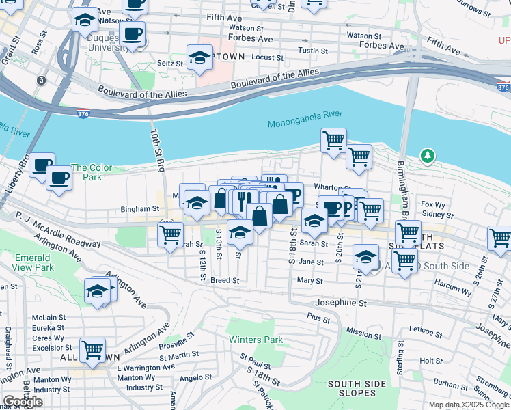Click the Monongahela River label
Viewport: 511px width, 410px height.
[x=305, y=123]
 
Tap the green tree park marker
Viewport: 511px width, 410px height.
[x=428, y=156]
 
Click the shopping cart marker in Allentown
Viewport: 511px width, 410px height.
[x=92, y=350]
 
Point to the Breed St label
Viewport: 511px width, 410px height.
[x=225, y=280]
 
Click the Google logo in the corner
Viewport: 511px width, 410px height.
[x=23, y=402]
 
